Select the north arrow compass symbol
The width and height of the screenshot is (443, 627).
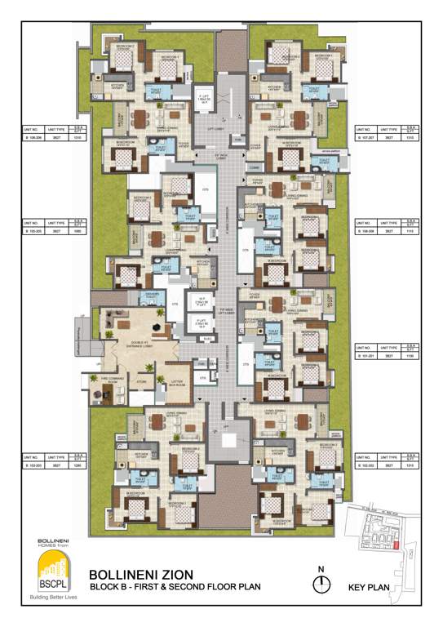point(323,583)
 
